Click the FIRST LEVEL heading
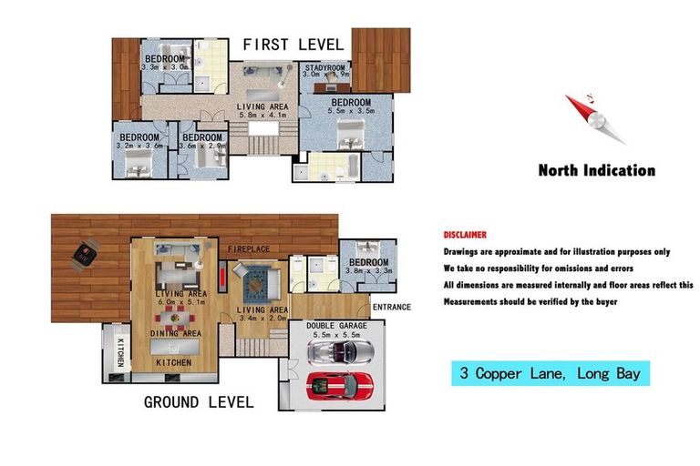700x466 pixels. point(293,44)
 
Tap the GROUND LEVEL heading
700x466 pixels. point(197,401)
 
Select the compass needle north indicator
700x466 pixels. point(594,118)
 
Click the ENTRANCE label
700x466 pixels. point(392,308)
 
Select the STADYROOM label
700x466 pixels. point(326,66)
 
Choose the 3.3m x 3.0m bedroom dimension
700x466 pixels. point(165,66)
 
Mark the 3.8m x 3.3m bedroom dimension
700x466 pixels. point(369,270)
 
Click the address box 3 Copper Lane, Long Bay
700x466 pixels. point(551,373)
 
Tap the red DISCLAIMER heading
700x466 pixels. point(465,235)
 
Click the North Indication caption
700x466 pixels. point(596,170)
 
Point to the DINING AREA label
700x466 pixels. point(176,334)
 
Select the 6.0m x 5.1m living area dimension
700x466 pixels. point(180,302)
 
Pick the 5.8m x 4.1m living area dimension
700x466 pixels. point(262,116)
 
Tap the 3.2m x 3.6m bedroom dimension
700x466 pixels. point(140,146)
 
